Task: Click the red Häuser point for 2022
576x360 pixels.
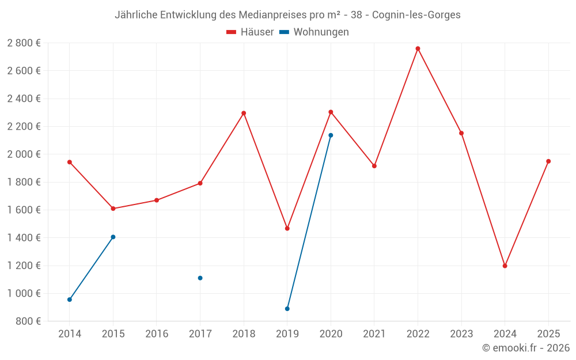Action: point(418,48)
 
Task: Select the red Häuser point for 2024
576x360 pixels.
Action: point(505,266)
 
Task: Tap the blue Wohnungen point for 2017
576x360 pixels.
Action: point(200,278)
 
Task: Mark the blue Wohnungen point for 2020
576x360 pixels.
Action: point(331,135)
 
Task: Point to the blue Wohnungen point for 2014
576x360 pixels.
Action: point(70,300)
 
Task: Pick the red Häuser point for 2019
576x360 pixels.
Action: point(287,229)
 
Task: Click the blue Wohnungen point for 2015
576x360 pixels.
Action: point(113,237)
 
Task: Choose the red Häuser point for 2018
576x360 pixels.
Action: point(244,113)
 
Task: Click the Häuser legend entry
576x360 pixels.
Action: point(250,32)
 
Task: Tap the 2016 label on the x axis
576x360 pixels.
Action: point(157,334)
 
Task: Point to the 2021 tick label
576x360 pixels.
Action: point(374,334)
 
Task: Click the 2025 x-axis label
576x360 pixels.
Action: point(548,334)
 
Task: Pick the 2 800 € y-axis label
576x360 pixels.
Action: point(24,43)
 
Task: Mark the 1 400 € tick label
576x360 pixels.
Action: point(24,238)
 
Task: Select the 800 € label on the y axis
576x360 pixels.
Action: point(28,321)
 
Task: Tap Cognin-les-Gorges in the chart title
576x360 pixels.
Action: point(416,15)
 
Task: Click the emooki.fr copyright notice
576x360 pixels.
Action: point(525,348)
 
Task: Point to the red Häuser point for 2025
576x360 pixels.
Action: point(548,161)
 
